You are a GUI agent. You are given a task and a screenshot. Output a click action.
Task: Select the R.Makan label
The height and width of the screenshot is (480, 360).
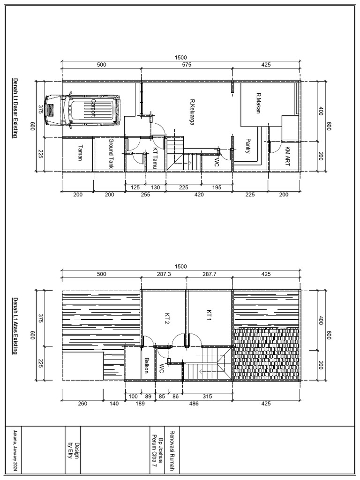[258, 104]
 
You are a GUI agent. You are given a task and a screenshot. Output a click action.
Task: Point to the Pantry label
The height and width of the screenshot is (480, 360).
[248, 146]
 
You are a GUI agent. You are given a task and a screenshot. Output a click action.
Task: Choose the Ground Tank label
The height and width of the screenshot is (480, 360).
[111, 153]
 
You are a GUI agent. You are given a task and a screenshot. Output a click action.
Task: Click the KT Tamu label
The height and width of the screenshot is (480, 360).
[155, 159]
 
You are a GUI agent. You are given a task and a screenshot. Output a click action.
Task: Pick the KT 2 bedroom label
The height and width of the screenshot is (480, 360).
[166, 318]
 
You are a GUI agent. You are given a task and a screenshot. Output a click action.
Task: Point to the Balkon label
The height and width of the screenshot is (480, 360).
[146, 365]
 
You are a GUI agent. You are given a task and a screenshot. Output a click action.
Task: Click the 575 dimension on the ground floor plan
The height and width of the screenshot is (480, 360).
[187, 65]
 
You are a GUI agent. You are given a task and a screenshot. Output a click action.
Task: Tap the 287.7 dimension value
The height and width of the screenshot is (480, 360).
[209, 274]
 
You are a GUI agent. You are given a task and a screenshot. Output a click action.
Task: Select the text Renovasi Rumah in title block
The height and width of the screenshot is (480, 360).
[172, 450]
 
